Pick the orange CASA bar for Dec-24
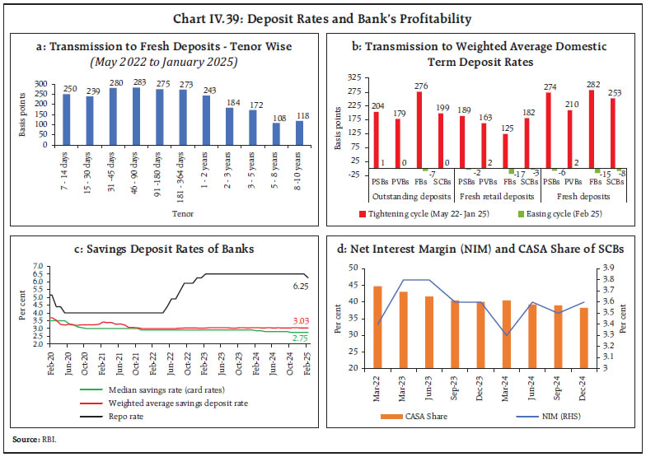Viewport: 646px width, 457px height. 583,338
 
